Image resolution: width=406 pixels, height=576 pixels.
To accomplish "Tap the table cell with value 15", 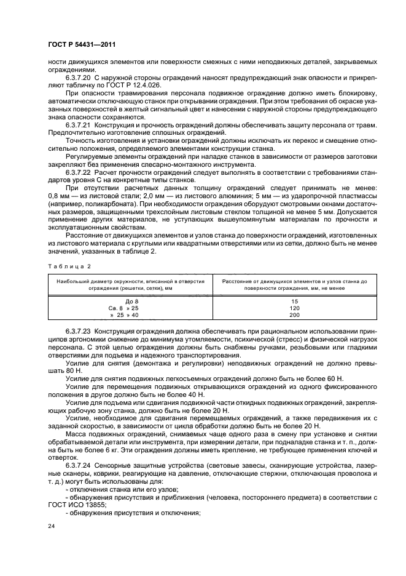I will [x=294, y=300].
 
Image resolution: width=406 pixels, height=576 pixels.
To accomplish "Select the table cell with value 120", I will [x=294, y=307].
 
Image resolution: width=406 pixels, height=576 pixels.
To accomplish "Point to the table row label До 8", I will [x=123, y=300].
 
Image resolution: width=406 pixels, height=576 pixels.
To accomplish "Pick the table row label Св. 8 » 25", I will [x=123, y=307].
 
